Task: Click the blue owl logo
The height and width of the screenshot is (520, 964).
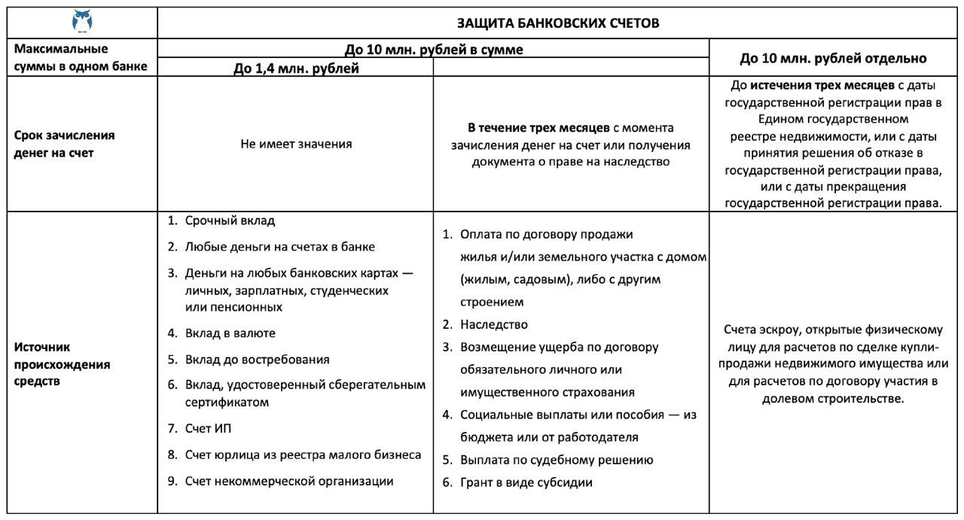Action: (x=82, y=21)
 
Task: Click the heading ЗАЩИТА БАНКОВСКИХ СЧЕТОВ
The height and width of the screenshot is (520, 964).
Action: (x=558, y=23)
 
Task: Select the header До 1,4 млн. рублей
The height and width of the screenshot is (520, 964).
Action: (x=295, y=68)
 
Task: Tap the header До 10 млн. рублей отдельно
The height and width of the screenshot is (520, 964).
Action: (x=833, y=58)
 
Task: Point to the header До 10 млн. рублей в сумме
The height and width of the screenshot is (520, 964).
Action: (x=434, y=50)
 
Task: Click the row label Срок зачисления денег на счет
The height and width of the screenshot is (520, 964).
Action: (x=65, y=143)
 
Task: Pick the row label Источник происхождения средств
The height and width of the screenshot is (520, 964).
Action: (x=63, y=364)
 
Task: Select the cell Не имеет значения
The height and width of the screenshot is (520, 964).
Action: (x=296, y=143)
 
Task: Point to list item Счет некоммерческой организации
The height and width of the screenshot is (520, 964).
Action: (x=289, y=482)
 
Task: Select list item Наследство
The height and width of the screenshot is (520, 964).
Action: (x=493, y=324)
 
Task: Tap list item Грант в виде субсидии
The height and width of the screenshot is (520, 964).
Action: (x=526, y=482)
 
